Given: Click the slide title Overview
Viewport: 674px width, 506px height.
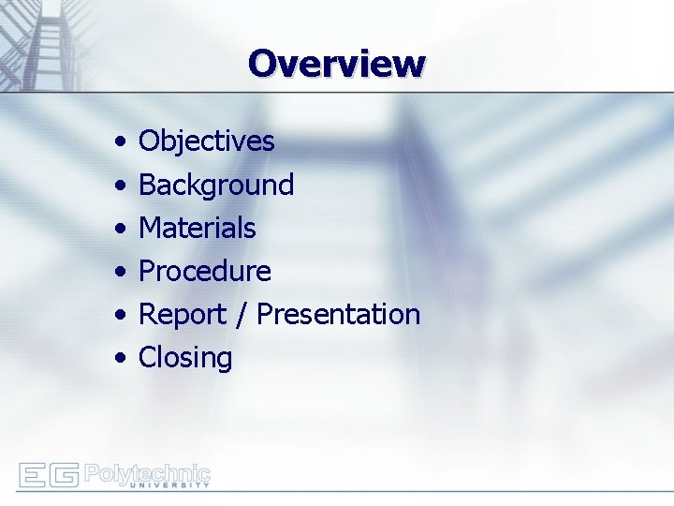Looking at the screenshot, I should (x=337, y=64).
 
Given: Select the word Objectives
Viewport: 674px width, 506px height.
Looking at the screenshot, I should (x=206, y=141).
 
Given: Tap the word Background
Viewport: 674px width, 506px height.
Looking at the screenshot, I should (x=216, y=185).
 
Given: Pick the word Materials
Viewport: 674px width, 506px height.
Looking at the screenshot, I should (x=197, y=228).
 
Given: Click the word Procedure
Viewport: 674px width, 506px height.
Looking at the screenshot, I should (x=204, y=272).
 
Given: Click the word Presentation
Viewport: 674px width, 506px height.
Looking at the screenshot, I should (x=338, y=314).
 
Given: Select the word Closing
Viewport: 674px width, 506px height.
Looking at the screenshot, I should (x=185, y=358).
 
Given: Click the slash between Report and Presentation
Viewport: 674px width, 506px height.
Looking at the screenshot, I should (x=243, y=315).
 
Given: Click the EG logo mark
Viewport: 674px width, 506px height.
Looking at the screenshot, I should (x=49, y=475).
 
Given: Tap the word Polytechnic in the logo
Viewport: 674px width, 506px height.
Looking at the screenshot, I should (x=147, y=471).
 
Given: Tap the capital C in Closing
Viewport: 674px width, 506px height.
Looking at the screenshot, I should (x=147, y=358).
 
